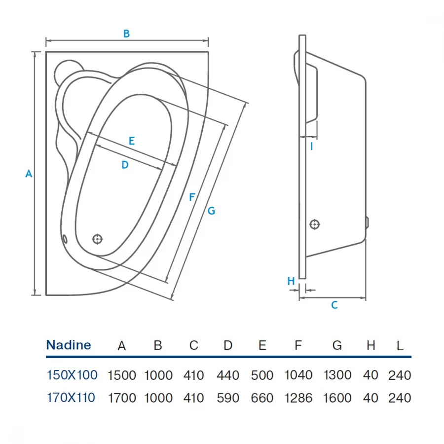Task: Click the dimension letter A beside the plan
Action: point(29,174)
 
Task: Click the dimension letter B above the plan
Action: point(126,34)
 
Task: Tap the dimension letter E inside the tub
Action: point(131,141)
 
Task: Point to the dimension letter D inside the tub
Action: point(125,165)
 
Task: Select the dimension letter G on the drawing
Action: point(211,211)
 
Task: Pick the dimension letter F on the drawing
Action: point(192,197)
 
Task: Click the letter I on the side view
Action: point(311,146)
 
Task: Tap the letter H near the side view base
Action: point(291,281)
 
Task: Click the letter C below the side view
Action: point(334,305)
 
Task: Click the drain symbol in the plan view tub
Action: point(98,239)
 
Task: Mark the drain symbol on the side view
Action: point(315,224)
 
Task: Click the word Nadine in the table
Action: point(69,345)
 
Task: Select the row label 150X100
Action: point(72,375)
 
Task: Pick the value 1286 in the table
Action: point(298,398)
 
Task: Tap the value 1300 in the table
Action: point(337,375)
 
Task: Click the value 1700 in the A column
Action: point(122,398)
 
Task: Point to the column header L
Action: point(400,346)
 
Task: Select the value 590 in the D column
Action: point(228,398)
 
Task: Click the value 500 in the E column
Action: point(262,375)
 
